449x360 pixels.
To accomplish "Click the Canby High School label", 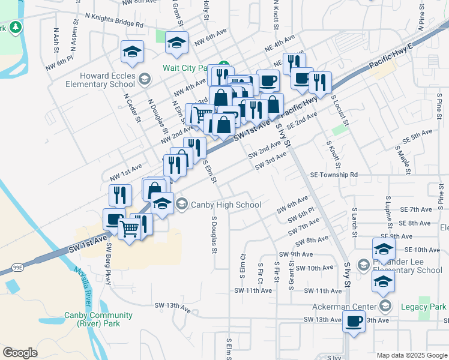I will (x=225, y=205).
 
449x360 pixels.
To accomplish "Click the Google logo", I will (x=20, y=353).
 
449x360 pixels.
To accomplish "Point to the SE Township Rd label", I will (x=334, y=175).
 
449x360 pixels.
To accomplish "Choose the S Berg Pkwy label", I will (x=109, y=264).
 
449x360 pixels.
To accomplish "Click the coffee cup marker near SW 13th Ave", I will (x=354, y=321).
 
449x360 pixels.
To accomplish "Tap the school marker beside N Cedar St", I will (x=132, y=52).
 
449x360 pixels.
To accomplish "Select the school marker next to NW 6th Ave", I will (x=176, y=42).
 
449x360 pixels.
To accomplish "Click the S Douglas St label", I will (x=213, y=235).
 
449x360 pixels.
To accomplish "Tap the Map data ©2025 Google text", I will (x=411, y=355).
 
